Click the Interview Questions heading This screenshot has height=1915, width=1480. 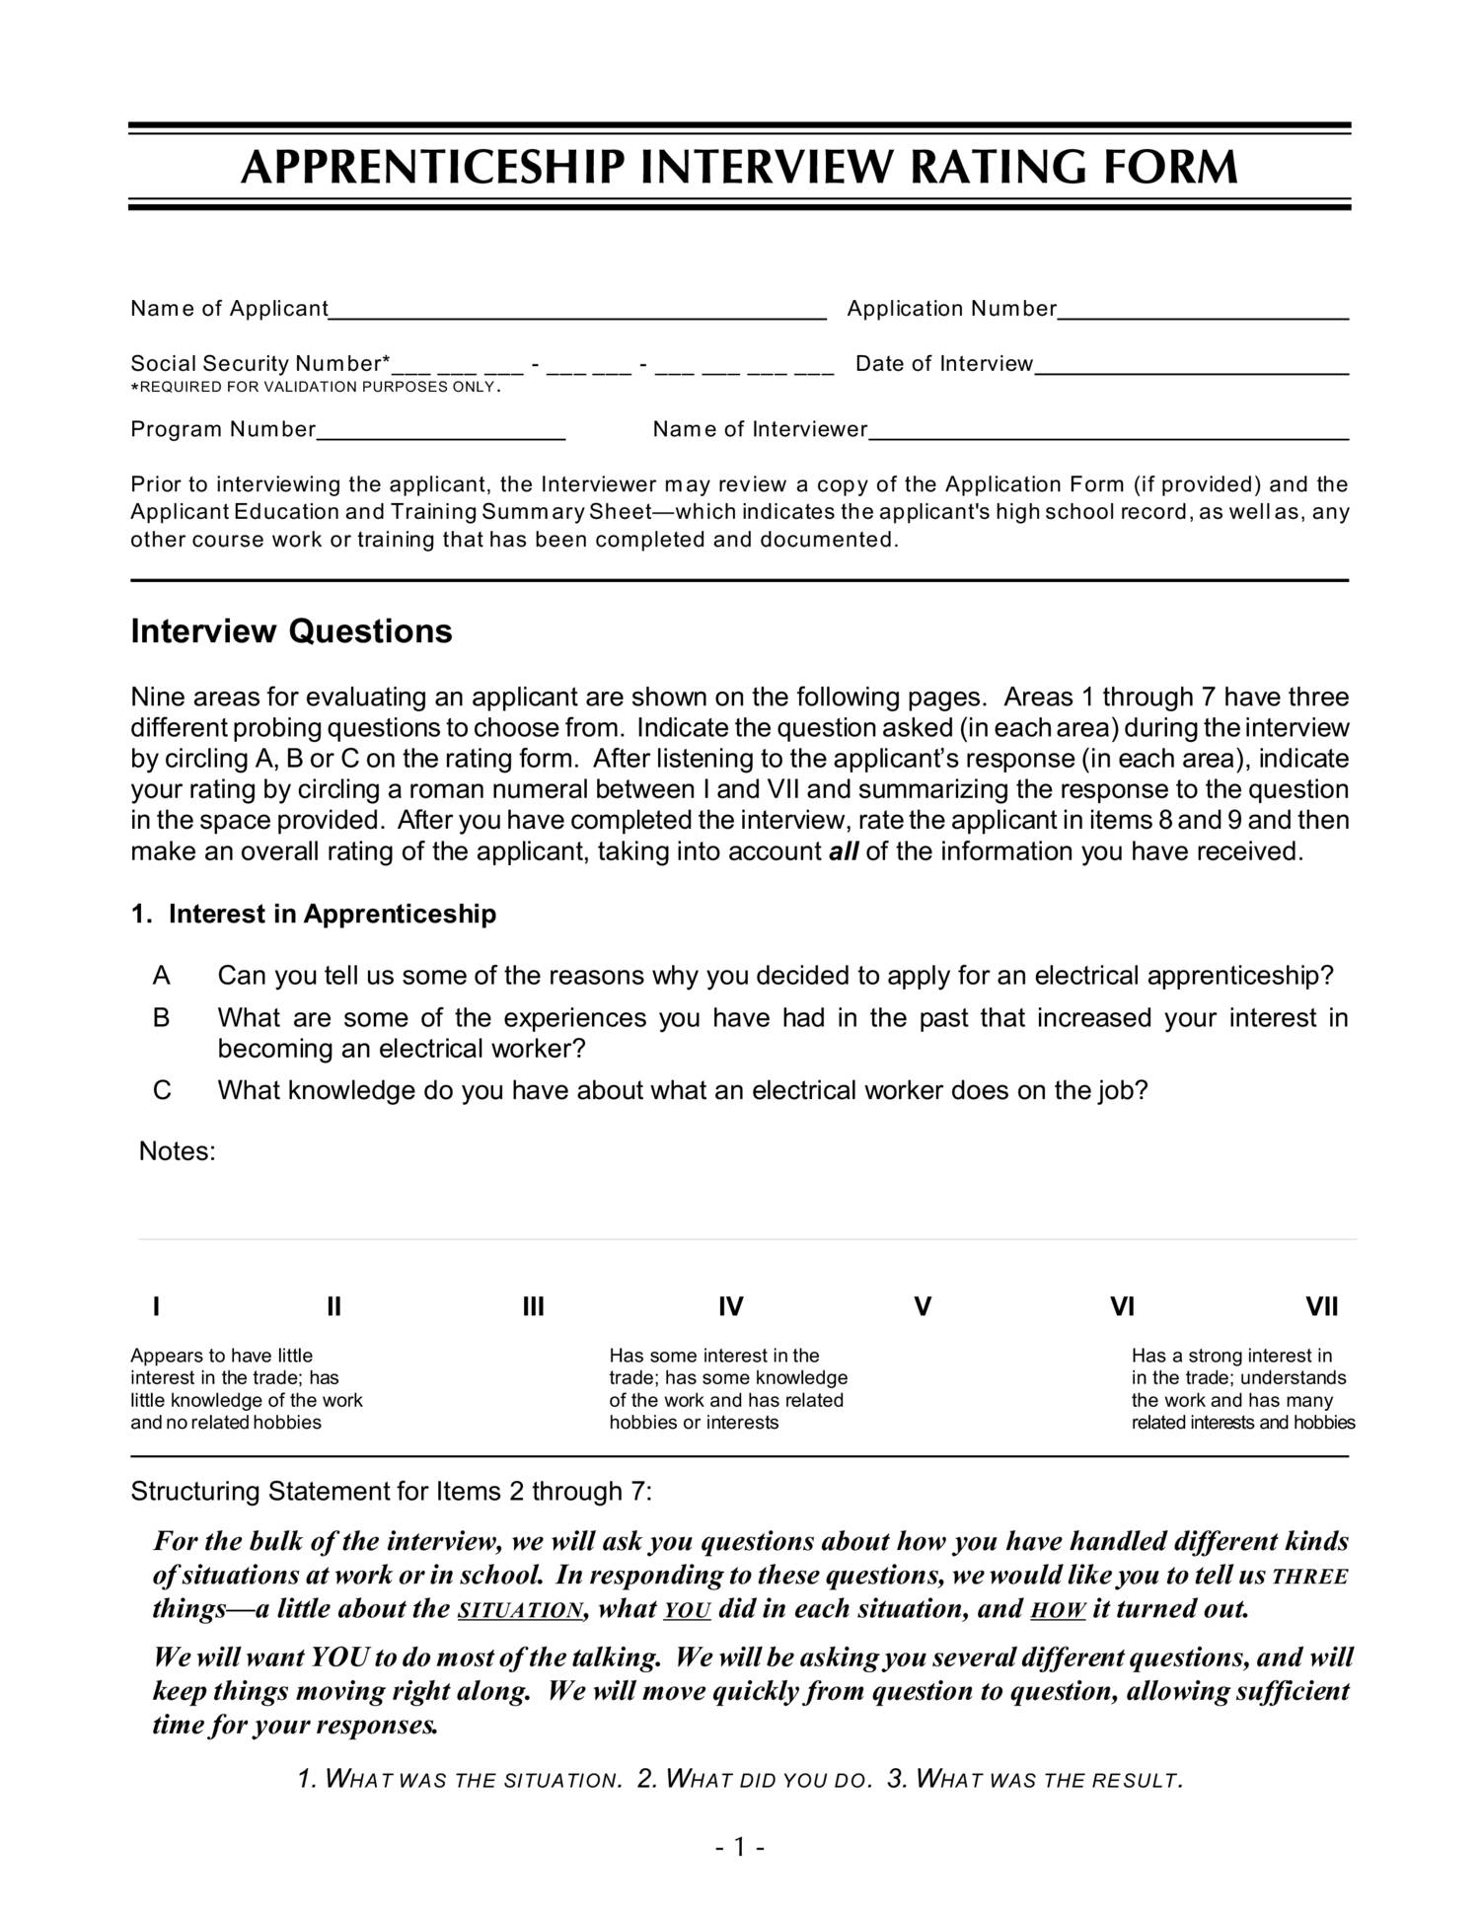point(291,631)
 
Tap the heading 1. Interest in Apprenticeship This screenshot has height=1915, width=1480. point(314,915)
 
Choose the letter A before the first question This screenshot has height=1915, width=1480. point(162,977)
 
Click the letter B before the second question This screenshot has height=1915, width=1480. point(162,1018)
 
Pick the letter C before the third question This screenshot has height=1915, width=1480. point(162,1091)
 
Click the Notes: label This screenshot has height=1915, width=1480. point(177,1152)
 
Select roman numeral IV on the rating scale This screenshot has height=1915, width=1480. point(730,1308)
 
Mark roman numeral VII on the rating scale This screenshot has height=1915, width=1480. point(1321,1308)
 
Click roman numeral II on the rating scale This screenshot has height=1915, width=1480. point(333,1308)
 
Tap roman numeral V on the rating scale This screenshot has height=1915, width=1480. point(923,1308)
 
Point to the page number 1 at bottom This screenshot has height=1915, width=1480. point(740,1848)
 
